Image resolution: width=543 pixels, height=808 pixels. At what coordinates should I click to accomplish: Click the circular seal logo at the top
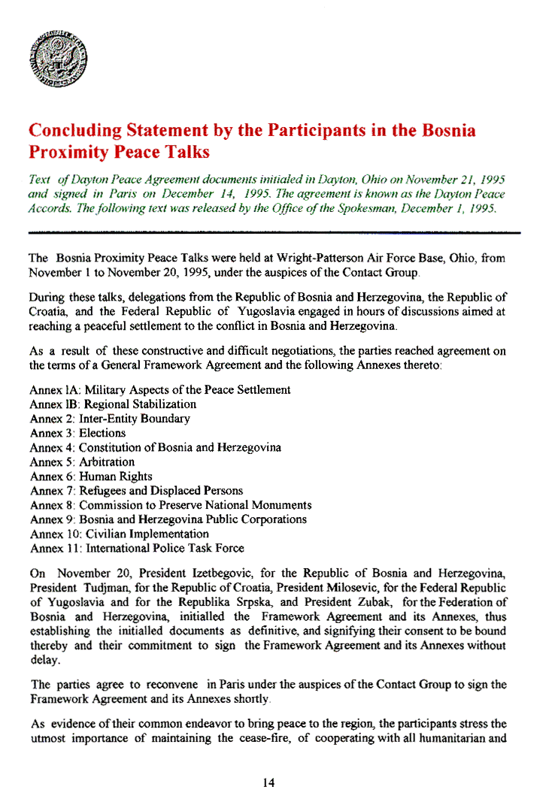point(59,59)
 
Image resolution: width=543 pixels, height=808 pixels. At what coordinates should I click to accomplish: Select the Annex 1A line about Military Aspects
point(160,390)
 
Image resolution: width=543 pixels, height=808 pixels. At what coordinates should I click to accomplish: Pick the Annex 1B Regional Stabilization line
point(113,404)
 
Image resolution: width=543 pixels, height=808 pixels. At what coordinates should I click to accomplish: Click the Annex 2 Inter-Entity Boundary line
point(110,419)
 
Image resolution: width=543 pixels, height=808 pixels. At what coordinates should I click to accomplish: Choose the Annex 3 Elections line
point(78,433)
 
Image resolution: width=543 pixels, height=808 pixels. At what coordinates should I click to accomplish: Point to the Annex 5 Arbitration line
point(83,461)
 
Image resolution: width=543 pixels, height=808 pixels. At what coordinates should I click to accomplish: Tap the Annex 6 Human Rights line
point(91,477)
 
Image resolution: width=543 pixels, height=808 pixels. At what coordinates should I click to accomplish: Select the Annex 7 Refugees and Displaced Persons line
point(136,491)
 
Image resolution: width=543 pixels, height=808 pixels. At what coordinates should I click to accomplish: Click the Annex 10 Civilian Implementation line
point(120,534)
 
